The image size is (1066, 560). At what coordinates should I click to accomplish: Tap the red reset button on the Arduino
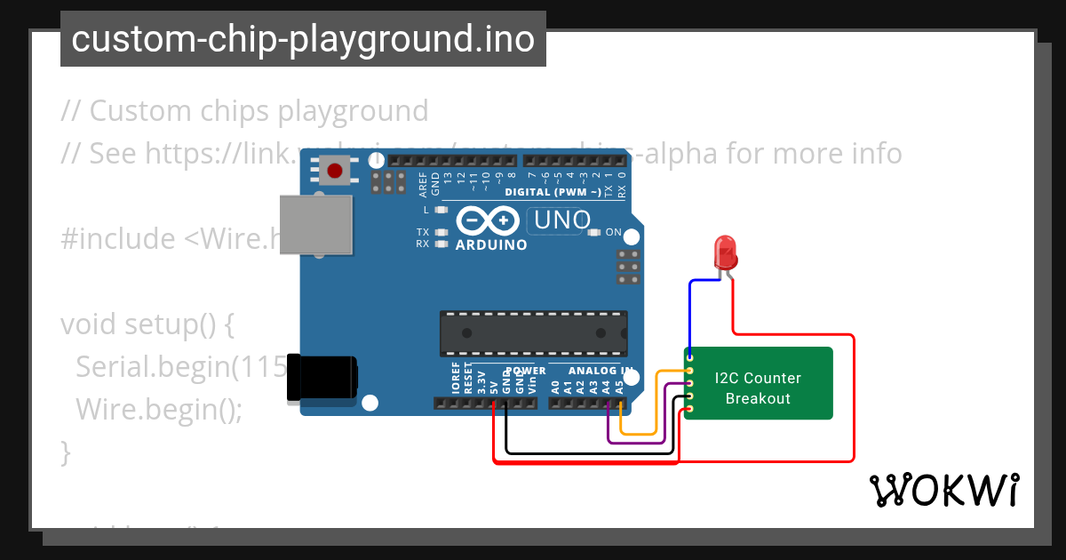point(335,170)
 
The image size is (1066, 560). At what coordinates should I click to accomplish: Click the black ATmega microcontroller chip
point(534,332)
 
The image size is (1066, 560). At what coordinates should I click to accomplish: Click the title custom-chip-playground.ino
point(303,39)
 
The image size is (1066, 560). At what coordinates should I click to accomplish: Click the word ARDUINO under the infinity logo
point(491,244)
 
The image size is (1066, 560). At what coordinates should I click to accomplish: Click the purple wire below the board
point(635,442)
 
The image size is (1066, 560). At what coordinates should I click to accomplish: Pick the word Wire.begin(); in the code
point(159,409)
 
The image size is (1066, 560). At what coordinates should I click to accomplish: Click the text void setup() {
point(147,324)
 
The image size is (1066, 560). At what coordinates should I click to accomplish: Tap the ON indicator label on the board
point(614,232)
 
